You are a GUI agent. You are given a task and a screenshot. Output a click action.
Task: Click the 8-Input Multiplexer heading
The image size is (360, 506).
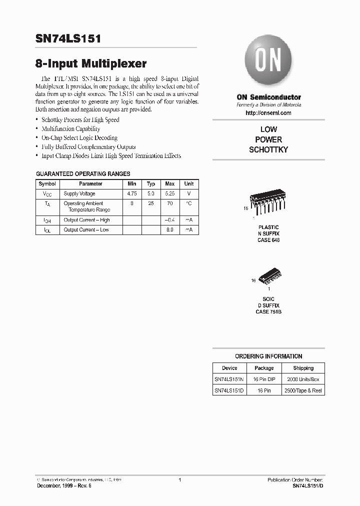[91, 64]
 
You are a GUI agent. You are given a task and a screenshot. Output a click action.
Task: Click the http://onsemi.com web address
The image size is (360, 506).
[268, 113]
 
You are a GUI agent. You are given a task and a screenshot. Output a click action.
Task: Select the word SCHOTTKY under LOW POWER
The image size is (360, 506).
[268, 150]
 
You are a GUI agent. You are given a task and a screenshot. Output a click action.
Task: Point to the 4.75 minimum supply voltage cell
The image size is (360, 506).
[132, 193]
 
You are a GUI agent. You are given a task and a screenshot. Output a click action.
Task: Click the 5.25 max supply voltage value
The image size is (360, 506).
[169, 193]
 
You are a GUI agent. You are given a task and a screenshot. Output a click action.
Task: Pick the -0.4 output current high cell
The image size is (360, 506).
[169, 220]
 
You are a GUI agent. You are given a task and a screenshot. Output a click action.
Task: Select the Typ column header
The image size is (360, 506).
[151, 184]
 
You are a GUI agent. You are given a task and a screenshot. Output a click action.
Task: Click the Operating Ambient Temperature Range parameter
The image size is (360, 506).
[83, 207]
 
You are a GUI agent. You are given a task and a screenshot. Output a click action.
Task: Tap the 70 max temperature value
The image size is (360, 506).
[169, 204]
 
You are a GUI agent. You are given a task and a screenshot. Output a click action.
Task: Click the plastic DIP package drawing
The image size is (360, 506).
[268, 205]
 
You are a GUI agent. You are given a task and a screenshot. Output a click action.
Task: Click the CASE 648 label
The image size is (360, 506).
[268, 240]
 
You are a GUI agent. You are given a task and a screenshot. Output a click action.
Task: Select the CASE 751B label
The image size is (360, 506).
[268, 311]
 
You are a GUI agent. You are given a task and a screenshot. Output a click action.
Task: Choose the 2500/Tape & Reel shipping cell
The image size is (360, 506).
[303, 390]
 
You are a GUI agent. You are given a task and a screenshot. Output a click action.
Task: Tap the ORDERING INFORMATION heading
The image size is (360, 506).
[268, 356]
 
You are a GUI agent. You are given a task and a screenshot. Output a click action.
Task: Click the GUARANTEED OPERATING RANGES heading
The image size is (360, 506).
[83, 174]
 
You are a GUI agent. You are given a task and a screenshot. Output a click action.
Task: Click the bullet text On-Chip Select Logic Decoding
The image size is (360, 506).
[79, 138]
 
